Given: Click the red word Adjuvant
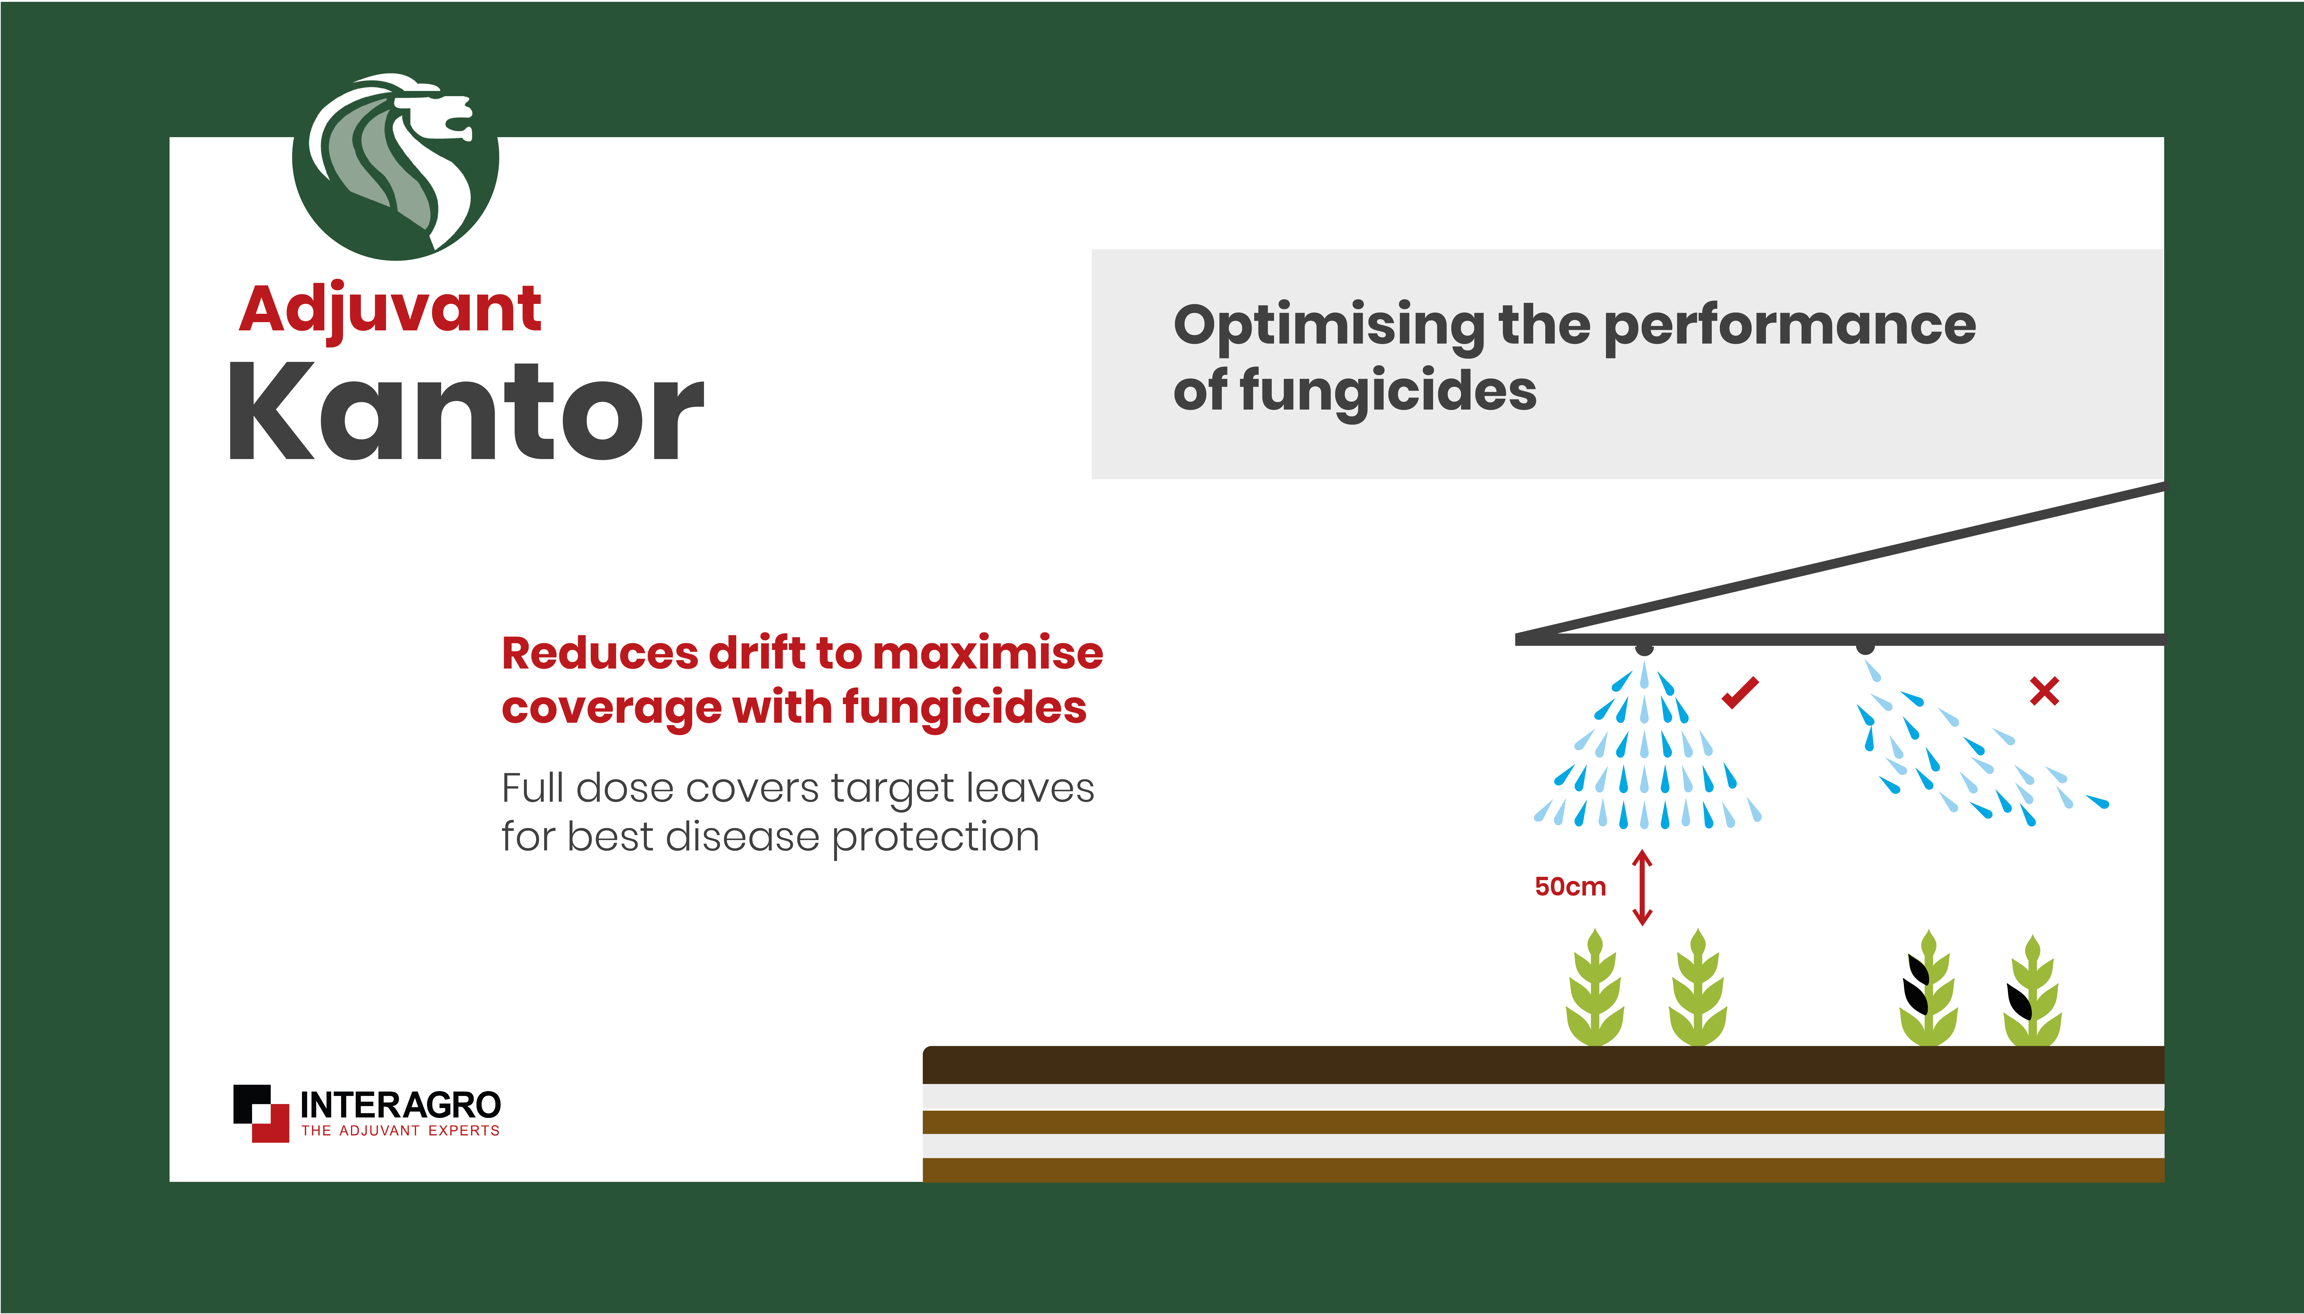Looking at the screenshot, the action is [390, 311].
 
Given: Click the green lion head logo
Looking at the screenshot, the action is [395, 167].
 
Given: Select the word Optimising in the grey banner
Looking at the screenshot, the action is [1329, 327].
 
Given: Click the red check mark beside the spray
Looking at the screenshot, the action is [1740, 692].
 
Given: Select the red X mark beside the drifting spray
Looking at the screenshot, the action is [2044, 691].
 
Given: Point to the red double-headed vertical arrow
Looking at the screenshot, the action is [1643, 887].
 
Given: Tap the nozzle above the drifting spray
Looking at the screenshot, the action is [1866, 648].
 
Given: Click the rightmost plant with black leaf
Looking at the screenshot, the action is [2032, 991].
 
